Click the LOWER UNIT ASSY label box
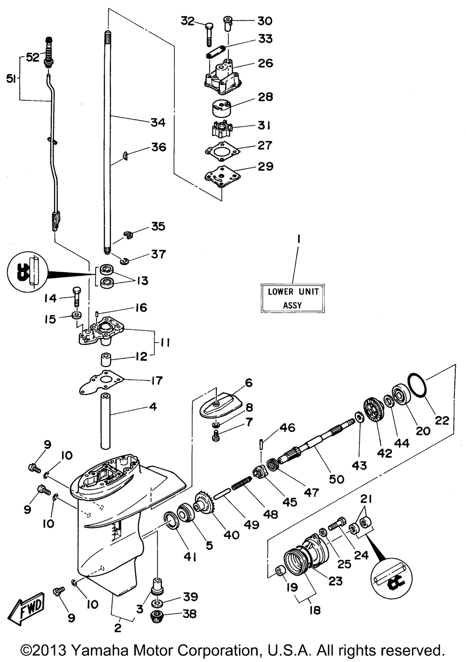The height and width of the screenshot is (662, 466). pos(292,298)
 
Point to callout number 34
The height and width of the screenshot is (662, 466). pos(158,122)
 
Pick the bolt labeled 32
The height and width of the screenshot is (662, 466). pos(209,35)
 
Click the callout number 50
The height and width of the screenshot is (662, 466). pos(336,479)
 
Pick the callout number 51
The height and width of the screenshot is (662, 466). pos(11,79)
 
